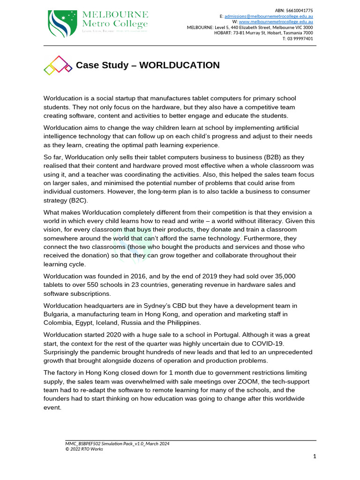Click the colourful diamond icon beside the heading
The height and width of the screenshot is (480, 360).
pyautogui.click(x=58, y=65)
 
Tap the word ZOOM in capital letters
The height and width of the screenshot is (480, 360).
pyautogui.click(x=244, y=381)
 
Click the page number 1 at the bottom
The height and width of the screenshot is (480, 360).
pyautogui.click(x=315, y=456)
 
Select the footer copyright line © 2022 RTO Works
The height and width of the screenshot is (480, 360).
pyautogui.click(x=84, y=449)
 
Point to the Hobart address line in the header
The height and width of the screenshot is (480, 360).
pyautogui.click(x=263, y=33)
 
